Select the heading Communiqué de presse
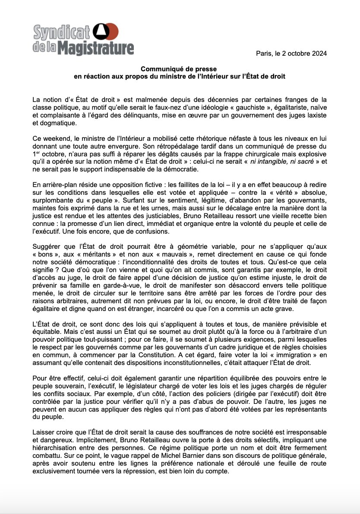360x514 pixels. pos(179,69)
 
